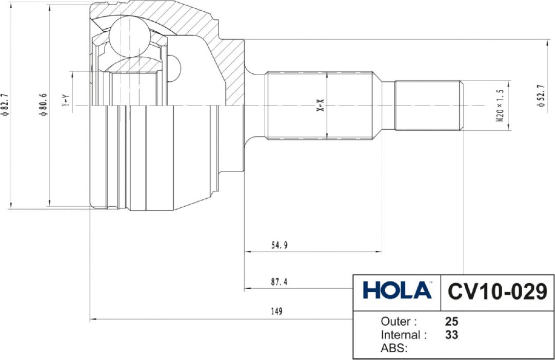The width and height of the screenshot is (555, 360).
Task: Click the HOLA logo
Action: (397, 290)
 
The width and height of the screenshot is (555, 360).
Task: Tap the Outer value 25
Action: (451, 322)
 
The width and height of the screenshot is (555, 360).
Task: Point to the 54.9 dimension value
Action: (279, 245)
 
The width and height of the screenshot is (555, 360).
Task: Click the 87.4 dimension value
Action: (279, 282)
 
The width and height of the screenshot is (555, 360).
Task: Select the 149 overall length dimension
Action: (276, 311)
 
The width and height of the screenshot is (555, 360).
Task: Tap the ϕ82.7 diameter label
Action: (5, 106)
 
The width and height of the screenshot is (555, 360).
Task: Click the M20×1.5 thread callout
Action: (500, 105)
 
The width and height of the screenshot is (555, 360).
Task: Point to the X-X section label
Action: (320, 105)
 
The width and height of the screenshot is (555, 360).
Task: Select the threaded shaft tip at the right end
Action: (428, 105)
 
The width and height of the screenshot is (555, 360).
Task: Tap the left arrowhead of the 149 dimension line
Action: (92, 319)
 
